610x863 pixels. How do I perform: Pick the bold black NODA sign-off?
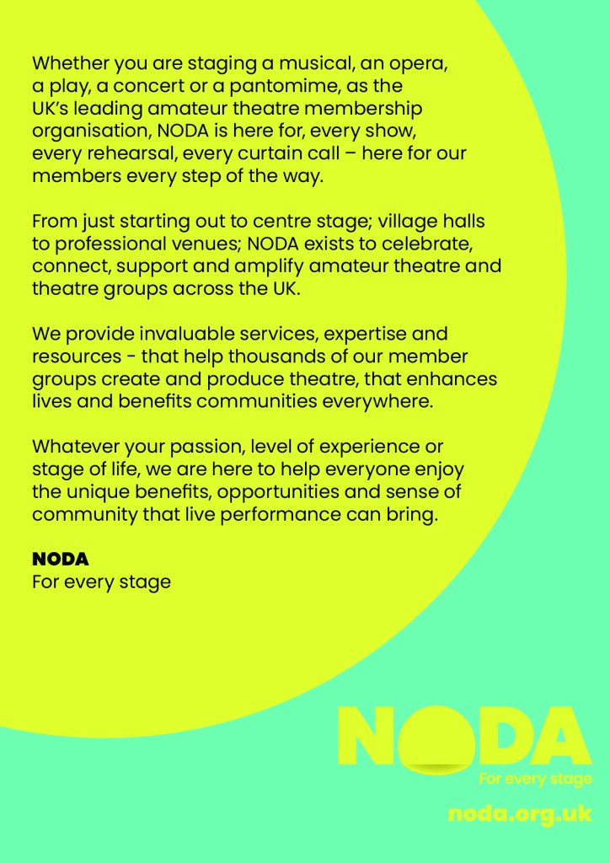[x=60, y=560]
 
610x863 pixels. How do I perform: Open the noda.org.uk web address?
[x=520, y=815]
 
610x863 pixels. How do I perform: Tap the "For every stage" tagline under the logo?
[x=535, y=779]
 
